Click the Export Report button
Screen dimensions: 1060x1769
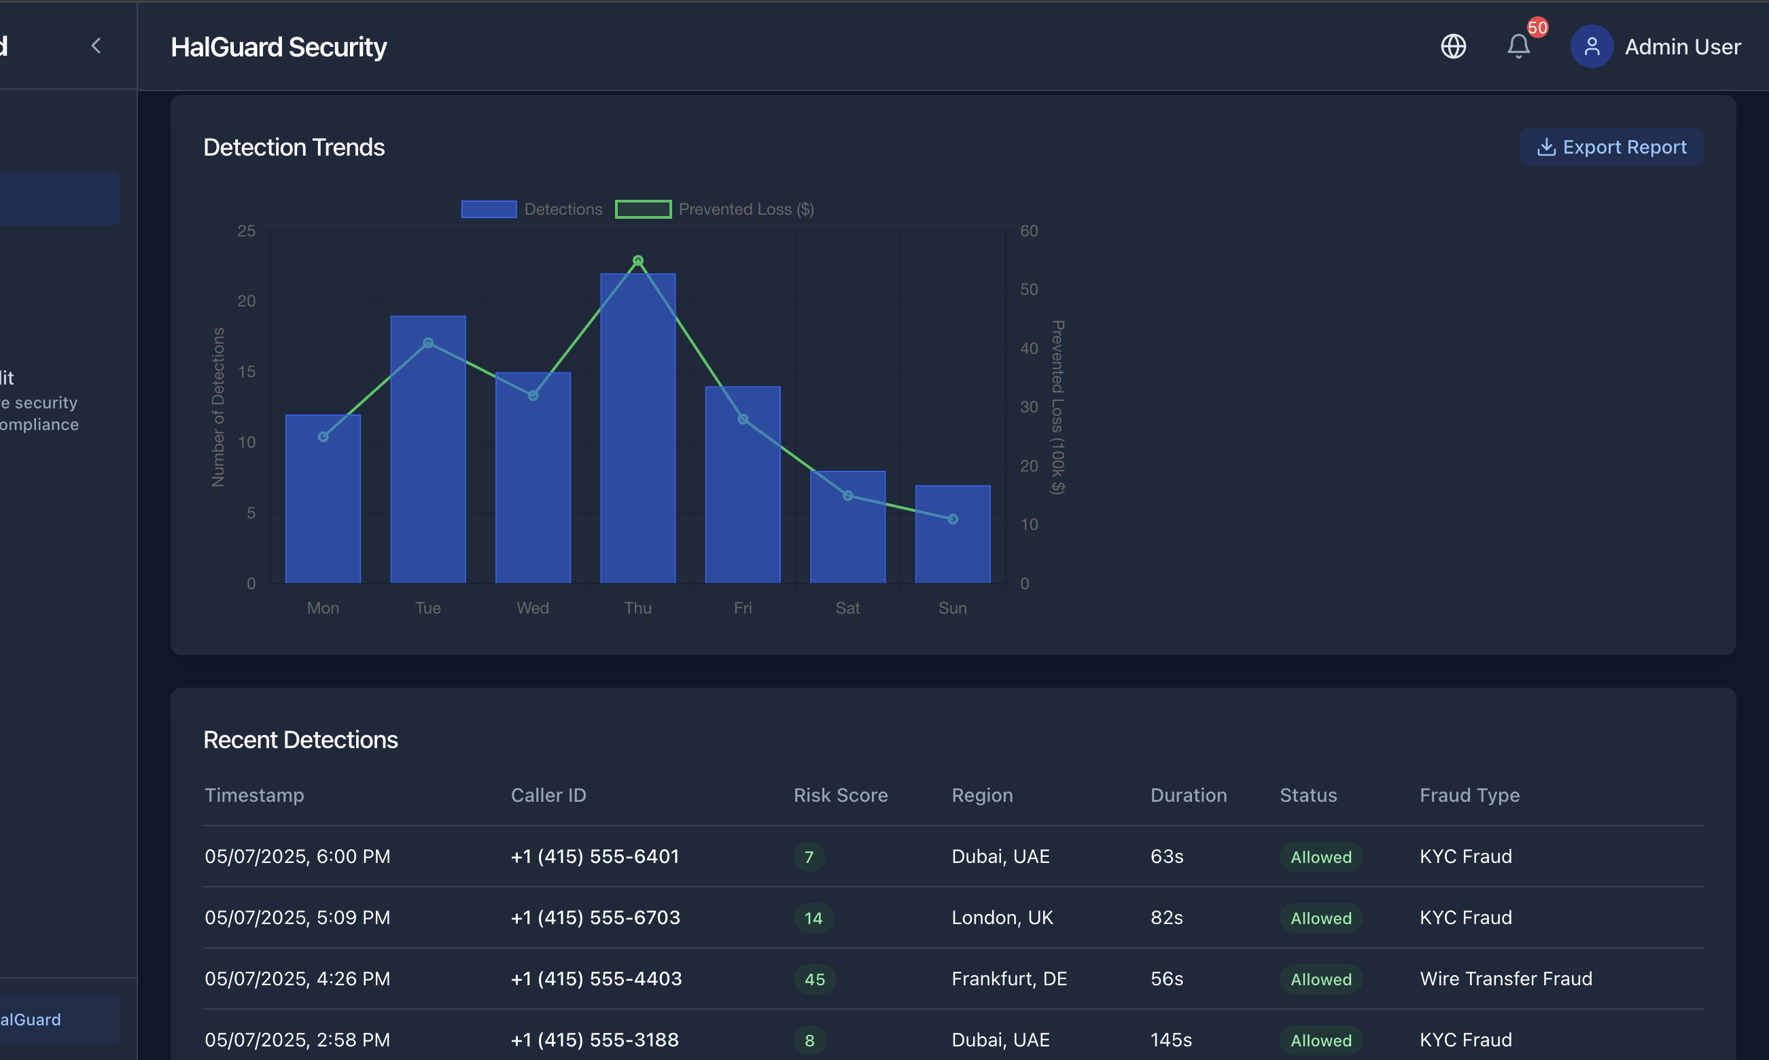(1611, 147)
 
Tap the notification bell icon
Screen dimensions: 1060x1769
(1518, 47)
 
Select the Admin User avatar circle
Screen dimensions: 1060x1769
(1591, 47)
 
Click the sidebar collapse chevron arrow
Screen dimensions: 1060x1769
(97, 46)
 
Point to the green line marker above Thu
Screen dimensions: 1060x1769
(637, 261)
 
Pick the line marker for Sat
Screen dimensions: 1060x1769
(847, 496)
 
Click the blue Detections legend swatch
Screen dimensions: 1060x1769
(489, 209)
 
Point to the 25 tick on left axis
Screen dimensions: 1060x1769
(247, 231)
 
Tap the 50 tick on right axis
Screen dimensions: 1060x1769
(1028, 289)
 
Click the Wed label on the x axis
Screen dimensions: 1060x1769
(533, 608)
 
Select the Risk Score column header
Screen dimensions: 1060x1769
(841, 795)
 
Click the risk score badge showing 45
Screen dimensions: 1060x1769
(814, 979)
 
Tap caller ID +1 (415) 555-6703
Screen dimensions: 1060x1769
(595, 917)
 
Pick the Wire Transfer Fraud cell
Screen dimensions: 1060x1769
(1505, 978)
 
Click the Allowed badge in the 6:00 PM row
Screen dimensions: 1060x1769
(1320, 857)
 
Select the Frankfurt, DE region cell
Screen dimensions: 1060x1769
(1009, 978)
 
